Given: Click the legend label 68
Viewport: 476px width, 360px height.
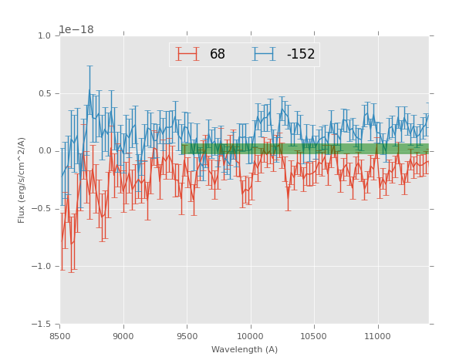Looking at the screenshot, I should [218, 55].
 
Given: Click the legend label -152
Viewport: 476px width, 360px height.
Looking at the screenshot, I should [301, 55].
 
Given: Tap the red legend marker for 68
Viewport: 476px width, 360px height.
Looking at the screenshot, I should [187, 55].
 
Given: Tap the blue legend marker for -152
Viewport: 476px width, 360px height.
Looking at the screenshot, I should [264, 55].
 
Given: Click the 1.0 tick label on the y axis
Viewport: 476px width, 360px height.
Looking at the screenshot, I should [44, 35].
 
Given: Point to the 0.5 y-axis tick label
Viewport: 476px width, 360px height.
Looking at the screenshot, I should [44, 93].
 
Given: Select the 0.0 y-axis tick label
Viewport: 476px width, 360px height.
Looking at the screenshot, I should [44, 151].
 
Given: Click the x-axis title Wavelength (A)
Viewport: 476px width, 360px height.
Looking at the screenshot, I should [245, 349].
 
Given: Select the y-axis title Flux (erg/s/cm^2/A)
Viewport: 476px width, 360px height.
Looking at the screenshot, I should [22, 180].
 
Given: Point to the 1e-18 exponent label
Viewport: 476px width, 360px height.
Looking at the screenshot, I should [76, 29].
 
